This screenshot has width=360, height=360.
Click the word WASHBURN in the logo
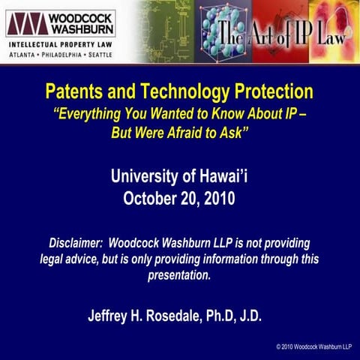tap(79, 30)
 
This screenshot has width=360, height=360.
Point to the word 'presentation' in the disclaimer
tap(179, 275)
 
